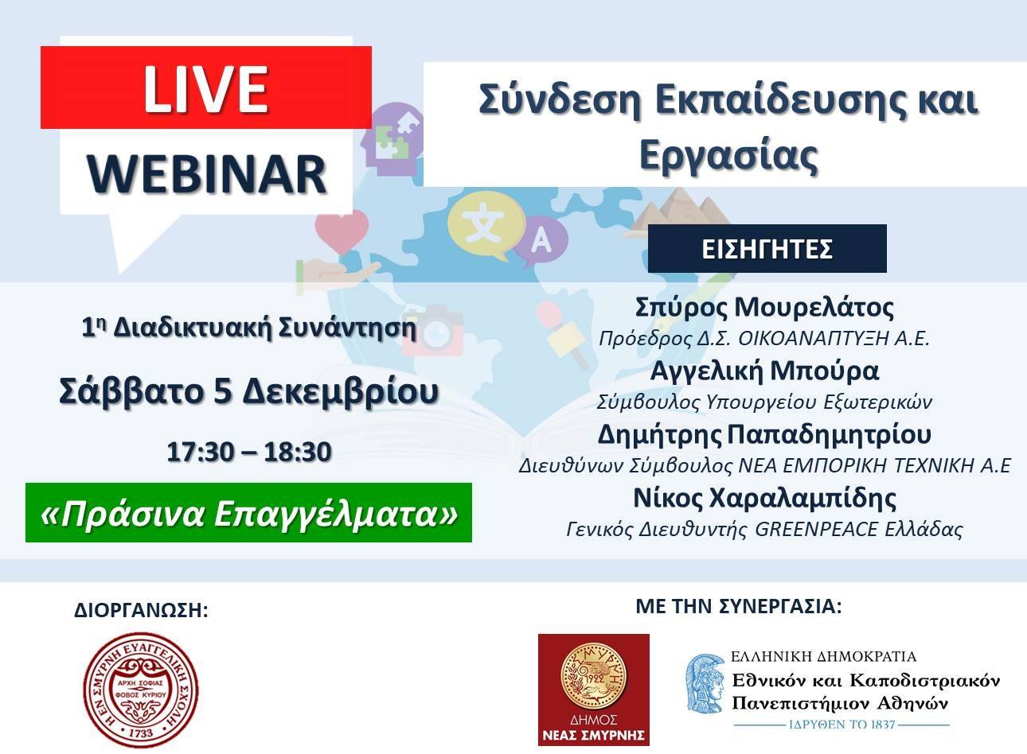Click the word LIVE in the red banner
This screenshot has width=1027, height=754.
(x=205, y=89)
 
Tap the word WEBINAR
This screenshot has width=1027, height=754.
(x=207, y=174)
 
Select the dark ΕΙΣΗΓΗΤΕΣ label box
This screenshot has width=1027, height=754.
(x=767, y=249)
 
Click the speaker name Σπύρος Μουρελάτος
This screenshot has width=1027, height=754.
(x=764, y=307)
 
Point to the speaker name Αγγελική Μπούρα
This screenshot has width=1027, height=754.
(x=764, y=371)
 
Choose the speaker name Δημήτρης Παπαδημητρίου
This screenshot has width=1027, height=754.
(x=764, y=435)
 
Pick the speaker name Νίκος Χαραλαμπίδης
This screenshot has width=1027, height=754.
(x=764, y=498)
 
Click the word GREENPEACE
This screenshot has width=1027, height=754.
(x=816, y=530)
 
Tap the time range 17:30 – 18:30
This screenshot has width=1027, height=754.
(x=249, y=452)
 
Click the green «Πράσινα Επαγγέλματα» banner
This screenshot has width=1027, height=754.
(x=248, y=512)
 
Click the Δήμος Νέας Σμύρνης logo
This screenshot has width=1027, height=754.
(x=594, y=690)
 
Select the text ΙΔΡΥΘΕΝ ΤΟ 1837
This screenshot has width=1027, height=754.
(x=842, y=725)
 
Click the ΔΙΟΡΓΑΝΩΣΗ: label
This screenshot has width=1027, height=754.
(x=141, y=610)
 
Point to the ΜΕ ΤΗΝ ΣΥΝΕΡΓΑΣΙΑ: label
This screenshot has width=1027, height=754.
(x=739, y=606)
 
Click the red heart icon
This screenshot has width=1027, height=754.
(x=342, y=231)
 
